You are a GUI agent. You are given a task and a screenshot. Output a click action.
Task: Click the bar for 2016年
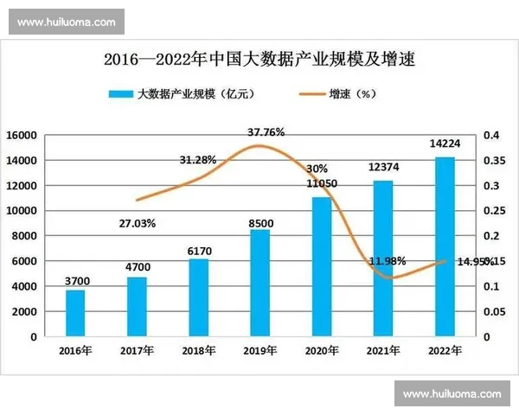point(75,313)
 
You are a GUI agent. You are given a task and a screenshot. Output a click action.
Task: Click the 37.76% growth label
point(266,132)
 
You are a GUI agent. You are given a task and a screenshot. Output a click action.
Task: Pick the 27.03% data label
point(137,223)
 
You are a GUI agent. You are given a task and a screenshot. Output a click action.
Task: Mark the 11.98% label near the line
point(388,260)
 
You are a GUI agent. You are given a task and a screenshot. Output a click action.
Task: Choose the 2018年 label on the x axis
point(198,350)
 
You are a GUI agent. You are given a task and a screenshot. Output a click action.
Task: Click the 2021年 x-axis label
point(382,350)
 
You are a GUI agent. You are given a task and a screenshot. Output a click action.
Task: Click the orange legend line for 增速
point(308,93)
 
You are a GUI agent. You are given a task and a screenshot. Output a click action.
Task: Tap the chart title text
point(259,61)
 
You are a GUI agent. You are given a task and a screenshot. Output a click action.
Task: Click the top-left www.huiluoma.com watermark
point(66,21)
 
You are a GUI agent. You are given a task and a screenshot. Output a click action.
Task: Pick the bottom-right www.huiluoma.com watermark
point(452,393)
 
